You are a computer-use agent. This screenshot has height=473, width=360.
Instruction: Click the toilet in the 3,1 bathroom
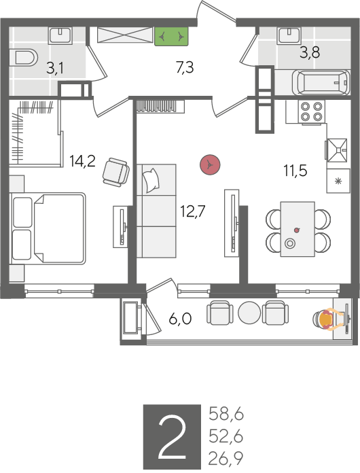click(x=24, y=57)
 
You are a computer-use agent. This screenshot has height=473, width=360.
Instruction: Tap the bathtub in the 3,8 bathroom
click(x=321, y=82)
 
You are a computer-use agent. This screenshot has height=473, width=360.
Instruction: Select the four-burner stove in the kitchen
click(x=312, y=111)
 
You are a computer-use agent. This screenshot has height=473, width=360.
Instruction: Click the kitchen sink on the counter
click(x=337, y=150)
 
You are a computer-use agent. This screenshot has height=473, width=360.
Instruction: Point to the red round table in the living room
click(x=210, y=164)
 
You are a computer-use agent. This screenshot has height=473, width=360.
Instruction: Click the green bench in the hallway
click(x=172, y=37)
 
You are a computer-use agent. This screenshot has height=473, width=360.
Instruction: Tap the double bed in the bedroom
click(x=48, y=228)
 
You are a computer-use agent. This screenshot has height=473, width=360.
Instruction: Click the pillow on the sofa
click(x=151, y=180)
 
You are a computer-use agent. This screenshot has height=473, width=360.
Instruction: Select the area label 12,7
click(x=192, y=211)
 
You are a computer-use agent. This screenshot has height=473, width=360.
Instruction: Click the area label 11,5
click(x=295, y=171)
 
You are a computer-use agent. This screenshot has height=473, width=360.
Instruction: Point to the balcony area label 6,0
click(x=180, y=319)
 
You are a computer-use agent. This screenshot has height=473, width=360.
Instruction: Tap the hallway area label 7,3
click(x=185, y=67)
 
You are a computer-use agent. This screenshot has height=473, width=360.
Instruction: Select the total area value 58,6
click(x=226, y=414)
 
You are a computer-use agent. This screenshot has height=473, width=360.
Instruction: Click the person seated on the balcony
click(x=327, y=319)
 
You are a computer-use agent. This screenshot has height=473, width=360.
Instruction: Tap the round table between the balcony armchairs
click(x=249, y=312)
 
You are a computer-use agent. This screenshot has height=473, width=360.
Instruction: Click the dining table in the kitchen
click(x=298, y=229)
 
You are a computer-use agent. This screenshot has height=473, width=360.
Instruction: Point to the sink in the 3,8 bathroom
click(x=290, y=35)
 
